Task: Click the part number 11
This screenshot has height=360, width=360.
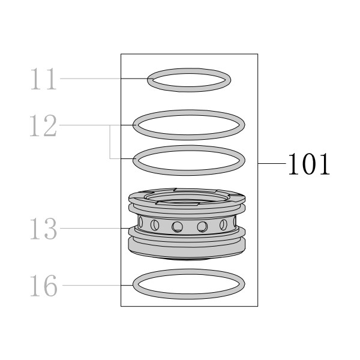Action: (x=43, y=79)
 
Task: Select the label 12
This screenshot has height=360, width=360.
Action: (x=43, y=125)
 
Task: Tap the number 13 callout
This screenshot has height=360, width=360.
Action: (x=43, y=229)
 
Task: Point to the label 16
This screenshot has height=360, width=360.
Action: (x=43, y=286)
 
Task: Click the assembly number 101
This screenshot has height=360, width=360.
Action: (x=309, y=164)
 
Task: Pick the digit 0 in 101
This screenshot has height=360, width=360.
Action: (x=309, y=164)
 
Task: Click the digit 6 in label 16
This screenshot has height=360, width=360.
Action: (x=50, y=286)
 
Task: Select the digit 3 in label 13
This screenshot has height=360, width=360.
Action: (x=50, y=229)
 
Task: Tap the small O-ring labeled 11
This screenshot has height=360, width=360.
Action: (x=189, y=89)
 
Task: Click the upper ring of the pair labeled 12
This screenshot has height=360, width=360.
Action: (x=189, y=137)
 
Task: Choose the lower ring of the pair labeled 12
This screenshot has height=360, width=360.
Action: (x=189, y=172)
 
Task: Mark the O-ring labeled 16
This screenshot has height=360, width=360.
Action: (x=189, y=296)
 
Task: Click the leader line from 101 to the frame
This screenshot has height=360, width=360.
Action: (x=272, y=163)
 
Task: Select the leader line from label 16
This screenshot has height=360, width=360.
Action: (x=98, y=286)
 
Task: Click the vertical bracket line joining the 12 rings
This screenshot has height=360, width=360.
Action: (x=110, y=142)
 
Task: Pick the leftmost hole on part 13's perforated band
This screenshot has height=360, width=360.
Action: (x=140, y=222)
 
